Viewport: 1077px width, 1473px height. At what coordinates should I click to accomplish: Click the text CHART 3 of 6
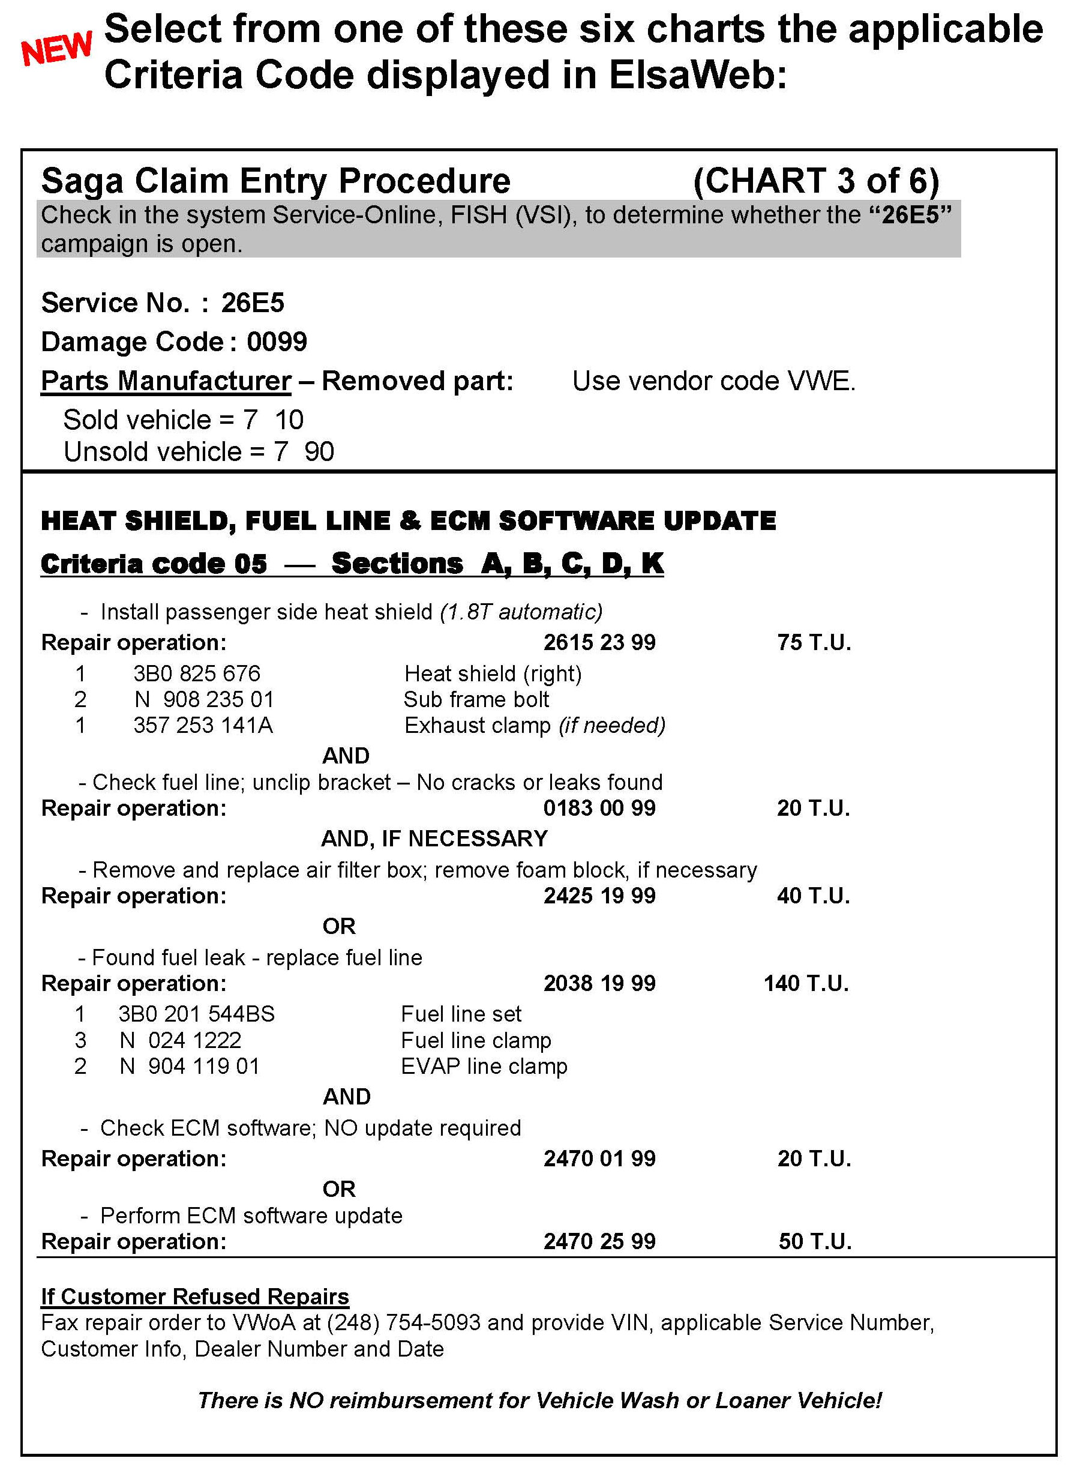(815, 181)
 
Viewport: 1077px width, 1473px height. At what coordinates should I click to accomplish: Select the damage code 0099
(277, 342)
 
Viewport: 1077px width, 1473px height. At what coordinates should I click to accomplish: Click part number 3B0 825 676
(196, 673)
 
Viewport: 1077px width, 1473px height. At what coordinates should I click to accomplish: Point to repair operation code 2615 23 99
(599, 642)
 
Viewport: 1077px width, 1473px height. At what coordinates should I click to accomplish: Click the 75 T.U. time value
(814, 642)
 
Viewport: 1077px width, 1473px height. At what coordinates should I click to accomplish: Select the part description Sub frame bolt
(476, 699)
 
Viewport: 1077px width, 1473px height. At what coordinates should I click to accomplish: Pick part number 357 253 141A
(203, 725)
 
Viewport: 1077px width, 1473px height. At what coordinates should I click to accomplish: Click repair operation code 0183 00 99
(599, 808)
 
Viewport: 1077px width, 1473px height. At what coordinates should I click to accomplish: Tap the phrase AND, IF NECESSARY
(434, 838)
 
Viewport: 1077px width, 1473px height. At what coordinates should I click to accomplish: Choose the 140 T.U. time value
(806, 983)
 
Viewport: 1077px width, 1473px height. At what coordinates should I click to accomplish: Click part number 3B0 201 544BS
(196, 1014)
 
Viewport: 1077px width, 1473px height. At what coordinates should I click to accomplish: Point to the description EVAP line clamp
(484, 1066)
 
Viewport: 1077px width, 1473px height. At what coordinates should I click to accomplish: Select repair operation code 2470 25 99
(599, 1241)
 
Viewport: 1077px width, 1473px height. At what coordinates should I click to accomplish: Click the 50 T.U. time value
(815, 1241)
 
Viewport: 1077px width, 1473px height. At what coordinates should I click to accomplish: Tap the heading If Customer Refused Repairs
(195, 1297)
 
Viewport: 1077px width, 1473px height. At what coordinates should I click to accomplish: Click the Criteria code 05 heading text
(154, 564)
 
